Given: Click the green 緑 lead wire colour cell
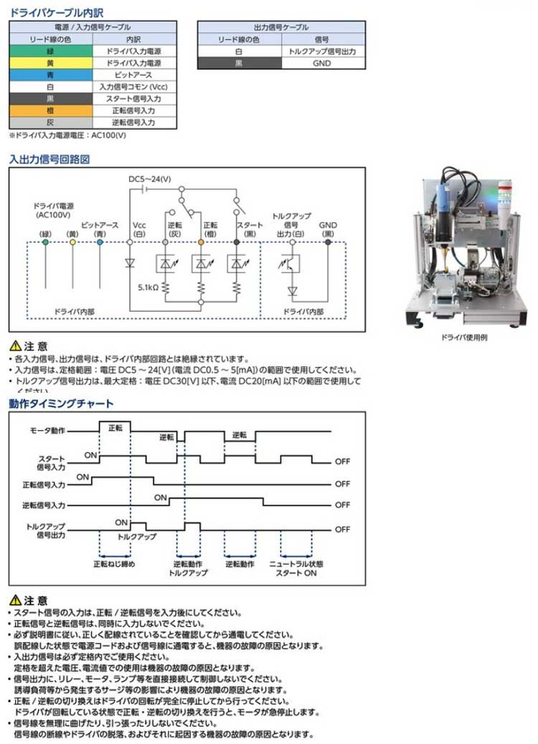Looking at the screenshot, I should click(x=50, y=52).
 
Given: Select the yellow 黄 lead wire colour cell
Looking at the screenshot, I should click(x=50, y=64).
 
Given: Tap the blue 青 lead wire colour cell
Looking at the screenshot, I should click(x=50, y=75).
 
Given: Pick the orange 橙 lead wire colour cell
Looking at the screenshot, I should click(x=50, y=110).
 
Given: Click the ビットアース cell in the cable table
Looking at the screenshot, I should click(x=135, y=75).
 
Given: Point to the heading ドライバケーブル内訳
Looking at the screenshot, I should click(x=49, y=11).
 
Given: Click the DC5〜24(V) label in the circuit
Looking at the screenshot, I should click(x=149, y=179).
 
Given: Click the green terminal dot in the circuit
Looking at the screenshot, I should click(x=45, y=243).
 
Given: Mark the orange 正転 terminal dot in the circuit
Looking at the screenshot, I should click(x=201, y=243).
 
